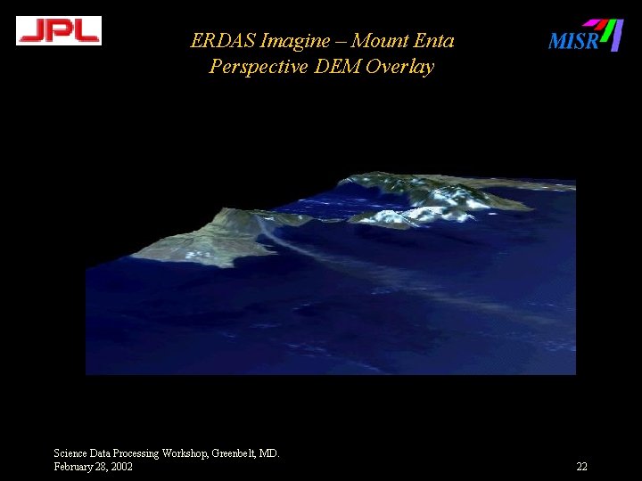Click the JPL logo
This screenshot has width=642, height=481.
click(x=59, y=31)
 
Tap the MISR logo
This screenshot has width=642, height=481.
click(x=585, y=37)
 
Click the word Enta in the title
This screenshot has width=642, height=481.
click(x=437, y=41)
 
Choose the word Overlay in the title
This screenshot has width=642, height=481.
click(x=399, y=67)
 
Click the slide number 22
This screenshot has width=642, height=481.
click(x=581, y=467)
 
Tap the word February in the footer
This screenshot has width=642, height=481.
click(x=72, y=467)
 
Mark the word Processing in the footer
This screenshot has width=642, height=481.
click(x=135, y=453)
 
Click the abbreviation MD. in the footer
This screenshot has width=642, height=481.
click(x=269, y=453)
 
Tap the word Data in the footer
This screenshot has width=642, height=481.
click(x=98, y=453)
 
